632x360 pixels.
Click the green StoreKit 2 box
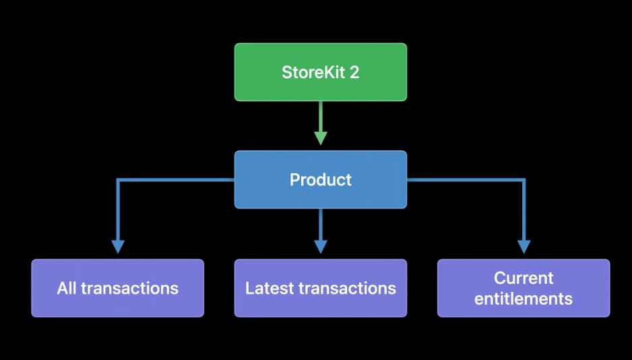[321, 72]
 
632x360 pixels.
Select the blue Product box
[321, 179]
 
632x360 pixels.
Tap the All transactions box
[117, 289]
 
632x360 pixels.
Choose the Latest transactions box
[321, 289]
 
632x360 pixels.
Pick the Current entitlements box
[524, 289]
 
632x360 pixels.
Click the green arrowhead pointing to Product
[321, 138]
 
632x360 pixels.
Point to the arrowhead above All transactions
[118, 246]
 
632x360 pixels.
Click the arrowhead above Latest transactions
[321, 246]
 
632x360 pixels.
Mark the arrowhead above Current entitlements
[524, 246]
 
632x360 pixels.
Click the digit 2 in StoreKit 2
[354, 73]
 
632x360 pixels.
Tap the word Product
[321, 180]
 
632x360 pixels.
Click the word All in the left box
[67, 289]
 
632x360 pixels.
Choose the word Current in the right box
[524, 278]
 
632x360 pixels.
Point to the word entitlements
[524, 299]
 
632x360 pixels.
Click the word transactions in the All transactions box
[129, 289]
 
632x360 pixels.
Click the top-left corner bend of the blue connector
[118, 180]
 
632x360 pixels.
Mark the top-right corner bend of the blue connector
[524, 180]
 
